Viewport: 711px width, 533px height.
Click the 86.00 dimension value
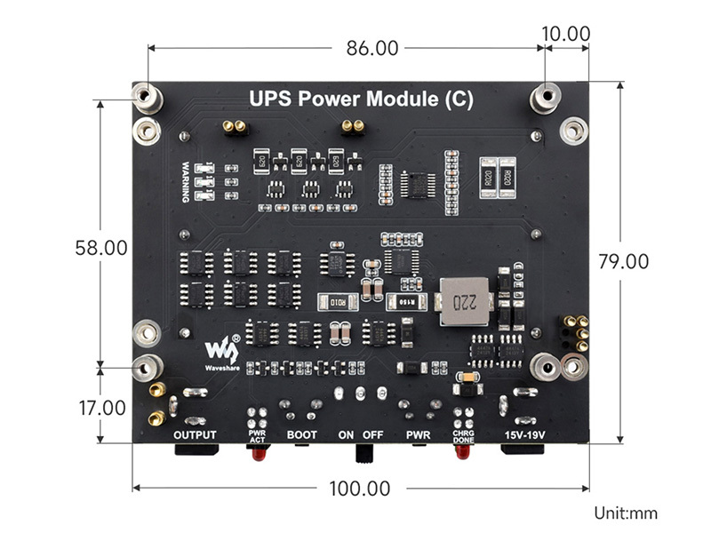(372, 48)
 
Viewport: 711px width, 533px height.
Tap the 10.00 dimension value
(566, 34)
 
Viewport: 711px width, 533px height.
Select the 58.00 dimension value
(101, 248)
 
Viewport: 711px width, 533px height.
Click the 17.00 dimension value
(101, 408)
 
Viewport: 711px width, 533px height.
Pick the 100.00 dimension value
(359, 488)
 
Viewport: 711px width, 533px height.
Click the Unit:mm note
(626, 513)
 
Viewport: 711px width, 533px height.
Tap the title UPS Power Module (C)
(360, 99)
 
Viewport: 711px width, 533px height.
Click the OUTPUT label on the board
(195, 434)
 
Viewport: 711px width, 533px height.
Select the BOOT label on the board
(301, 434)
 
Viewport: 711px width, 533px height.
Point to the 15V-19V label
(523, 434)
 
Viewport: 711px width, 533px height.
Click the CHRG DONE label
(463, 435)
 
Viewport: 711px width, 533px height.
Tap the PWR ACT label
(258, 435)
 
